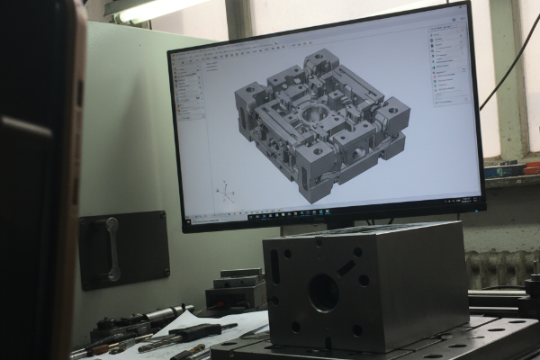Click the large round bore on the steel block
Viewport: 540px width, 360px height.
click(x=323, y=292)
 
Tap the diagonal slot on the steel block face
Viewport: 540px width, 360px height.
click(x=346, y=267)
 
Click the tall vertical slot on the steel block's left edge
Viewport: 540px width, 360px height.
click(x=275, y=267)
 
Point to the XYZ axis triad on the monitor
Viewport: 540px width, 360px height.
click(x=226, y=192)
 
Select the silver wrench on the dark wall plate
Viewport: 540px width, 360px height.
click(x=112, y=247)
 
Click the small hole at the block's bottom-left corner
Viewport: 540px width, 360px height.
click(x=295, y=327)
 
